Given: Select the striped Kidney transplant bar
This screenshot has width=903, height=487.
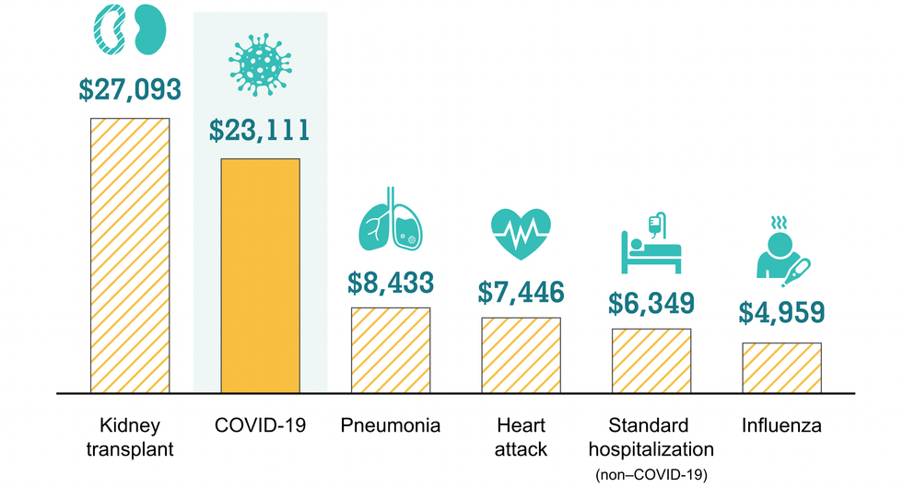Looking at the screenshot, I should pos(129,255).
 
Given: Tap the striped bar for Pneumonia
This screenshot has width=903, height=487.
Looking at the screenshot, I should pos(390,350).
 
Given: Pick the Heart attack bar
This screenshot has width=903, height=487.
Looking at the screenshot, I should pos(521,355).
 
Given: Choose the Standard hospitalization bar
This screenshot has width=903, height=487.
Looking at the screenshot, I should pos(651,361).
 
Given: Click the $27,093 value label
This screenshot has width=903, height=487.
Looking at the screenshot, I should pos(129,89).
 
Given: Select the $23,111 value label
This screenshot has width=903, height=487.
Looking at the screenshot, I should pos(259,130).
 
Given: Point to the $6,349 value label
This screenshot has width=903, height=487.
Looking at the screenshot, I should pos(651,302).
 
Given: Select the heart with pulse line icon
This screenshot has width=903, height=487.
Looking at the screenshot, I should pos(521,235).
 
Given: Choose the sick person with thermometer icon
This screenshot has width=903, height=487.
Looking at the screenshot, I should pos(781,249).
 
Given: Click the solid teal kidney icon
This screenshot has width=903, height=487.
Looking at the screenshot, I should pos(147,29).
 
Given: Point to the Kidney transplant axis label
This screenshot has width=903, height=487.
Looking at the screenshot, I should pos(129,437).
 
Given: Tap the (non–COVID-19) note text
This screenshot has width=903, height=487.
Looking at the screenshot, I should pos(651,472).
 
